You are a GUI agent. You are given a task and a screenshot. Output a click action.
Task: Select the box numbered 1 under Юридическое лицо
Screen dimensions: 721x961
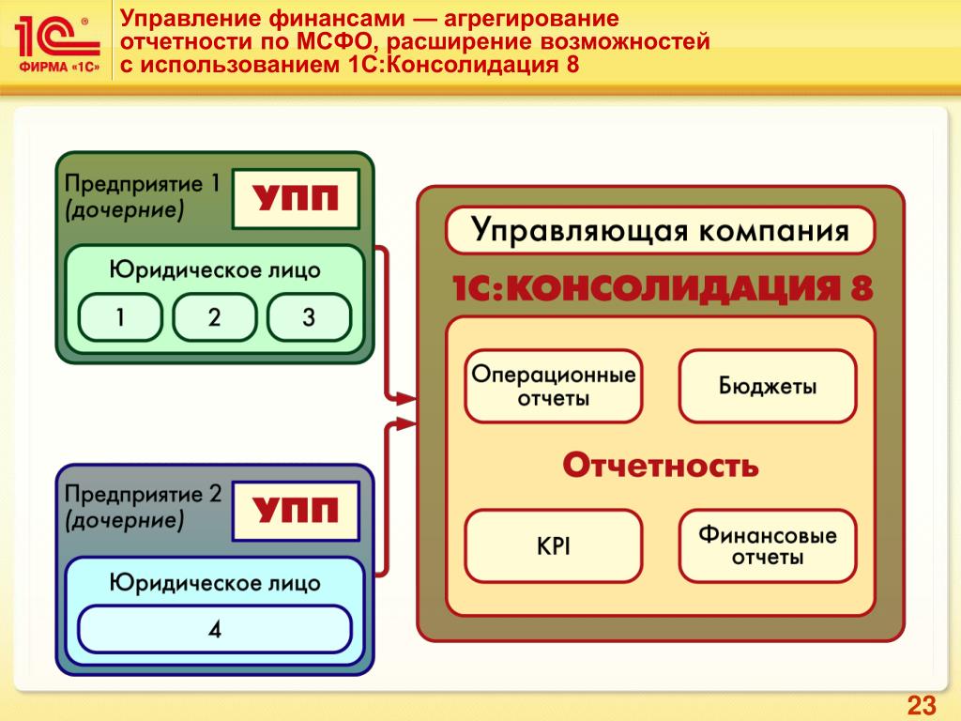[120, 317]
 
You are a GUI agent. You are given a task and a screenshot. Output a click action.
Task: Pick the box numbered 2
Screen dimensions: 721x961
[215, 317]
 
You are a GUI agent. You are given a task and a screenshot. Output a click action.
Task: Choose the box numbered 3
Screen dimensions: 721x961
[309, 317]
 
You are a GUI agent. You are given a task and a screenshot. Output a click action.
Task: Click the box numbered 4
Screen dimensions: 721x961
[215, 629]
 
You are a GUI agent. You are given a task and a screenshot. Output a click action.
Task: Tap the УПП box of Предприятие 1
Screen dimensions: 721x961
[295, 199]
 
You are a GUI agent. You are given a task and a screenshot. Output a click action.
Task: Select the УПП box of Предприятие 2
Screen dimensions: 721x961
[295, 512]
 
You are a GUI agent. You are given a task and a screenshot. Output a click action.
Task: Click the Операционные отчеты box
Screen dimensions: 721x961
[554, 386]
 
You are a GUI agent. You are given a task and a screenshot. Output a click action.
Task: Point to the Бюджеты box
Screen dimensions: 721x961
[767, 386]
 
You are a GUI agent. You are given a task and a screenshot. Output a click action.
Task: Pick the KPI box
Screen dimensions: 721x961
[554, 546]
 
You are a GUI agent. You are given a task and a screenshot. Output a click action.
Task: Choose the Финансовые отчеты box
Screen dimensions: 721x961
[767, 546]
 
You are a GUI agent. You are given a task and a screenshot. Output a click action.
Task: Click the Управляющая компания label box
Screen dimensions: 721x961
[660, 231]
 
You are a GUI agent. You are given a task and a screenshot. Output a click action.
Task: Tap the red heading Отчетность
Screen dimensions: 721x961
[660, 466]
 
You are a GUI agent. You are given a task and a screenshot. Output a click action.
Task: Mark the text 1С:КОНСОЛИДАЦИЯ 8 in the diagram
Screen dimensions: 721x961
[660, 288]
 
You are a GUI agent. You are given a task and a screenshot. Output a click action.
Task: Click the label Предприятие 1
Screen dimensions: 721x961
[142, 184]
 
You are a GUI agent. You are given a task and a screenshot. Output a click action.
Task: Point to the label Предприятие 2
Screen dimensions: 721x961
[142, 495]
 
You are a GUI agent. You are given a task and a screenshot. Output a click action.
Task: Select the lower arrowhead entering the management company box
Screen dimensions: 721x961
[405, 424]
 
